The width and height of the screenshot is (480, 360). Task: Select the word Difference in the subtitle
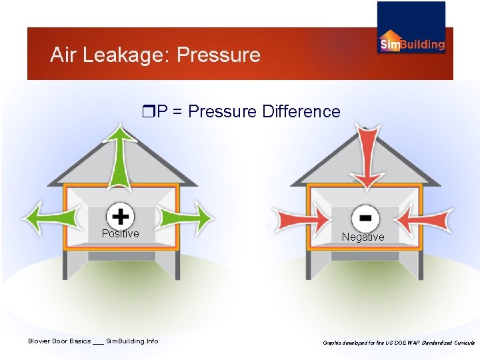tap(301, 111)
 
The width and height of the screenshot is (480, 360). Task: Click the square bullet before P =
tap(148, 111)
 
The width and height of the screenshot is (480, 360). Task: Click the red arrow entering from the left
tap(304, 218)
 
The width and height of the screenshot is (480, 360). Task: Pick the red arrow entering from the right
tap(427, 218)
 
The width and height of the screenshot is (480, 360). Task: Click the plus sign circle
tap(121, 216)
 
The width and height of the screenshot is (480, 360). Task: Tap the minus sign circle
tap(365, 218)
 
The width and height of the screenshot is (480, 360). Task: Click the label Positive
tap(121, 234)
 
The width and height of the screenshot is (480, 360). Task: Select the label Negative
tap(363, 237)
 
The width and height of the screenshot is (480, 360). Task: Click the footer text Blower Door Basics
tap(59, 341)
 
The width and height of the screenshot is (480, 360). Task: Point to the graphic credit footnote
tap(399, 342)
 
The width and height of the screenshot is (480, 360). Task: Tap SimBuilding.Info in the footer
tap(132, 341)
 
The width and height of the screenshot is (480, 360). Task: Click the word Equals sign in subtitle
tap(178, 111)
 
